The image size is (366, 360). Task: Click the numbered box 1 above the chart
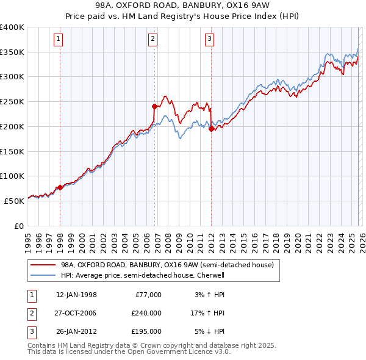coord(59,40)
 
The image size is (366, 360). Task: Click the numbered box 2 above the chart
coord(152,40)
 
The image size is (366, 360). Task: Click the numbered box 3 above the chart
coord(209,40)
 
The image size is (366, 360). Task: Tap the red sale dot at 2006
coord(154,106)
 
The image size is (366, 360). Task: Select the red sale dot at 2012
coord(211,129)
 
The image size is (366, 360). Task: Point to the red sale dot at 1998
coord(60,187)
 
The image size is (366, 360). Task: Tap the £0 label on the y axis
coord(18,226)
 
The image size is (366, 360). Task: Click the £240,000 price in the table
coord(146,313)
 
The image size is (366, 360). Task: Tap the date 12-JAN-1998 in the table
coord(76,295)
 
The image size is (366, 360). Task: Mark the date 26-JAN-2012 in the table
coord(76,331)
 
